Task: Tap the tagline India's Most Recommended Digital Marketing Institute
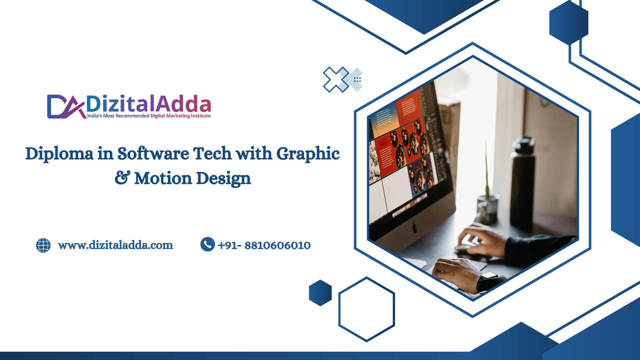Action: [149, 116]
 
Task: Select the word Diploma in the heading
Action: [59, 154]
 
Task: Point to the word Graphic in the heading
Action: [308, 154]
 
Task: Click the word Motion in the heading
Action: [163, 178]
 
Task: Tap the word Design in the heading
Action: [223, 179]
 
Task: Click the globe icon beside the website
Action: [43, 245]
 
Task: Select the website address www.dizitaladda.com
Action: [115, 245]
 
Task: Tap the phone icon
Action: [208, 244]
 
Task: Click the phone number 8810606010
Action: [278, 246]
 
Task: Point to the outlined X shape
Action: [336, 80]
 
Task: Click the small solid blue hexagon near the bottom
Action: [320, 293]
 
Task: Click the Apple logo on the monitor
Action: [415, 228]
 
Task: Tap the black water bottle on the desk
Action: [523, 182]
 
